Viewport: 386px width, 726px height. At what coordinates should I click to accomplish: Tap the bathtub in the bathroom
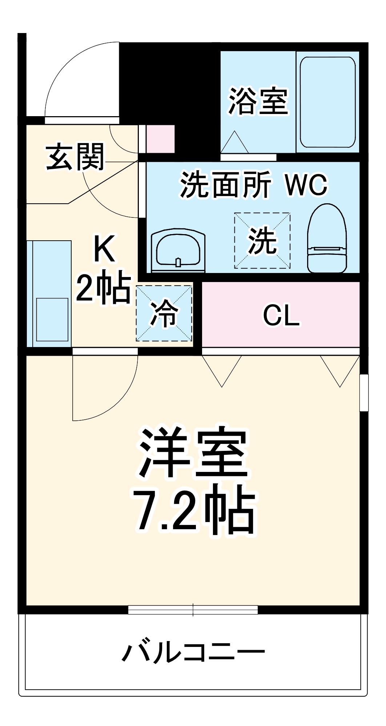327,102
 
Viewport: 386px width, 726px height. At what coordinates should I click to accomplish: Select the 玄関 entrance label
75,157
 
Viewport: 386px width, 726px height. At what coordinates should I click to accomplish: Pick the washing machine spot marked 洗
262,241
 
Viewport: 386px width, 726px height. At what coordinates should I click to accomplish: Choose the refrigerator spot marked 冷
164,313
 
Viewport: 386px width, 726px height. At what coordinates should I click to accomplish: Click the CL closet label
281,315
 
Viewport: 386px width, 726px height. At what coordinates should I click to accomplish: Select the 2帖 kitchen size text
103,287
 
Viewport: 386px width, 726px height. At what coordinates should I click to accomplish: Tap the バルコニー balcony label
193,653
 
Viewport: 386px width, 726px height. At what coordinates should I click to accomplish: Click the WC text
306,185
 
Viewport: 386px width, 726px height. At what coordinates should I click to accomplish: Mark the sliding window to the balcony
193,610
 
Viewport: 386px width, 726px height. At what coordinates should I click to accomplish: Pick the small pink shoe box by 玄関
160,139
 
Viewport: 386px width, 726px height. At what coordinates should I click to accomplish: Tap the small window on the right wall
364,393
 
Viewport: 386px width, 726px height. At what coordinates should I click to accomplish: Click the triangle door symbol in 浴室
234,143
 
